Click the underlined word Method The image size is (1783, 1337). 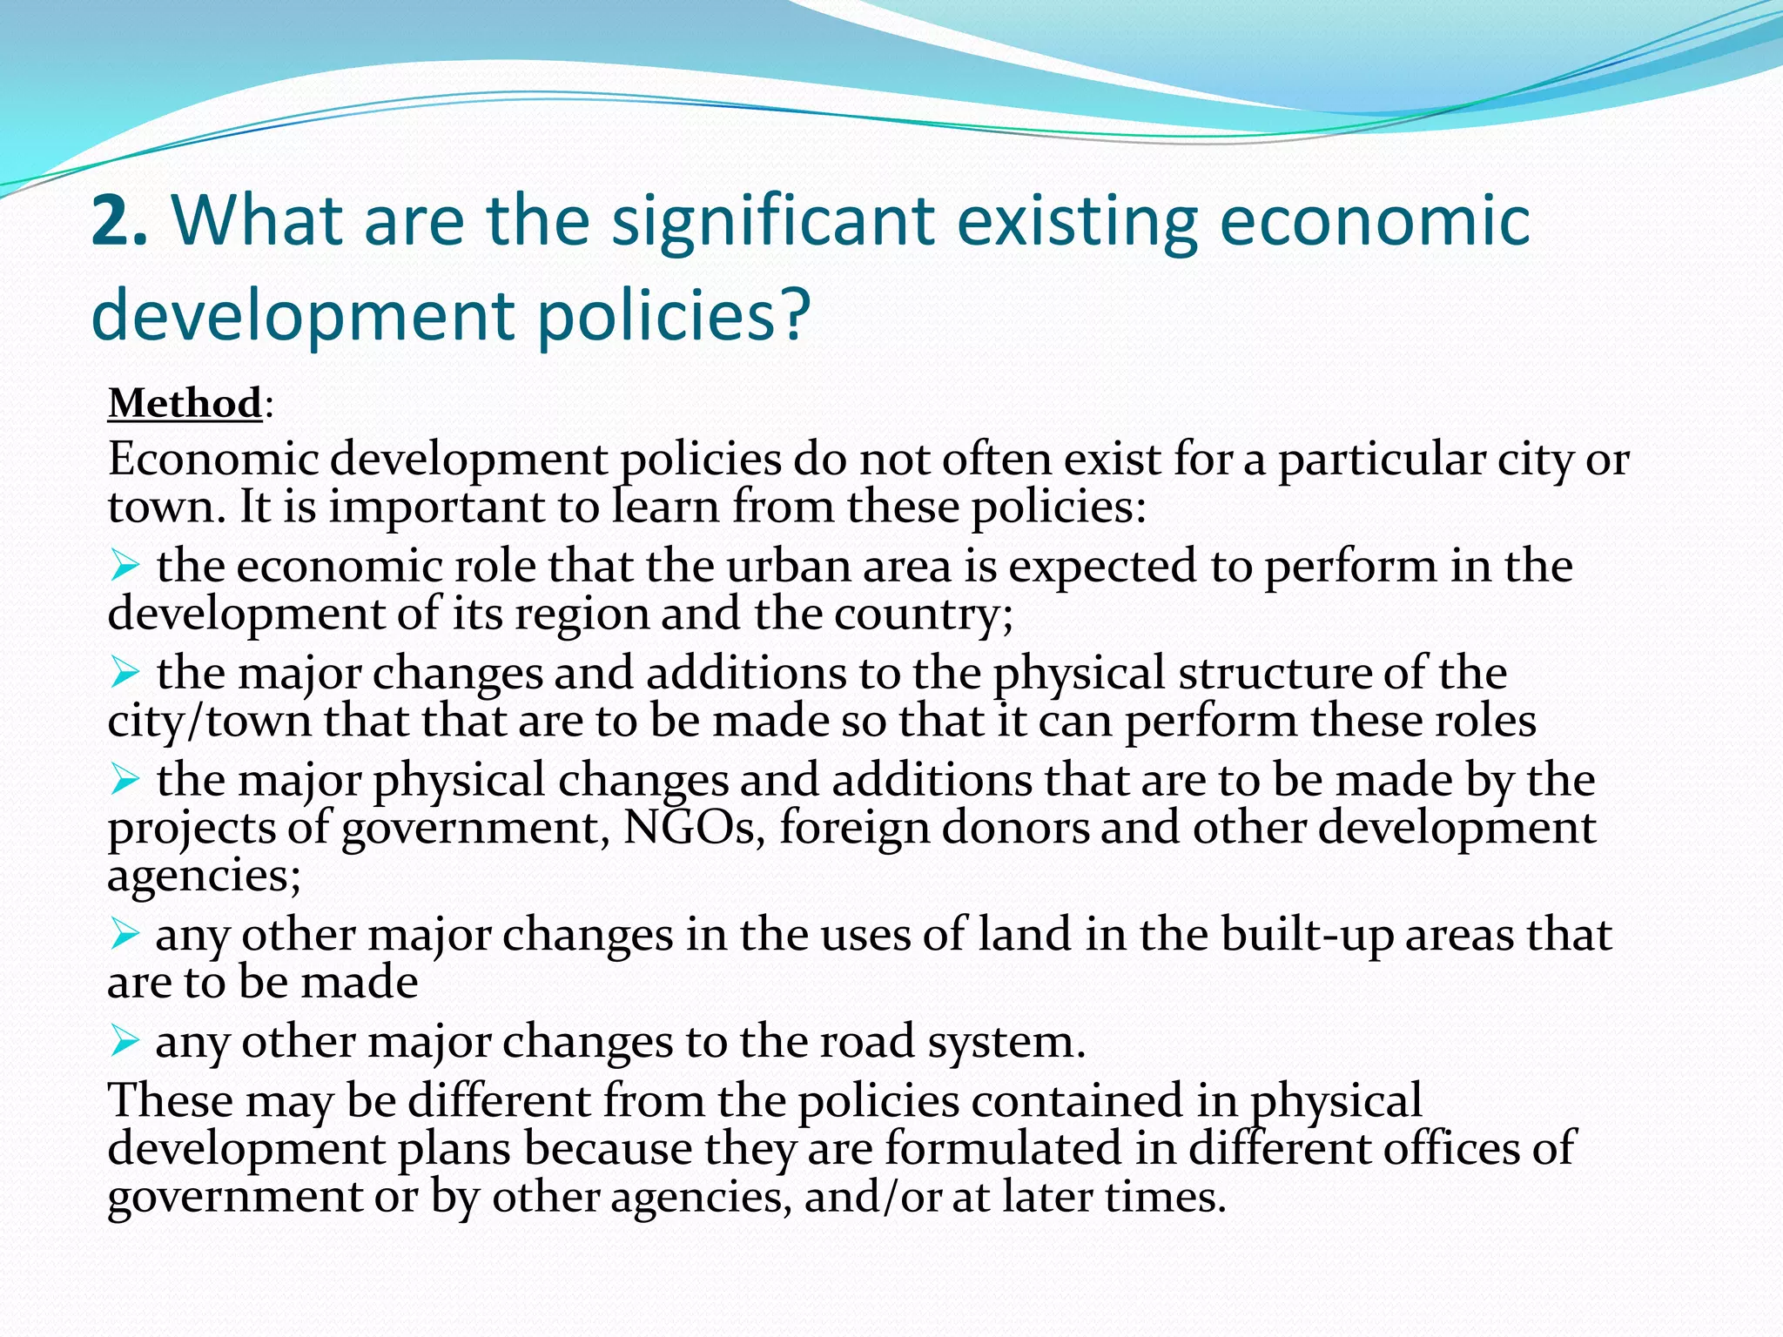185,404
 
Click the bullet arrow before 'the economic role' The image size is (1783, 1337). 124,568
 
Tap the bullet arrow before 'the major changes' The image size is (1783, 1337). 124,673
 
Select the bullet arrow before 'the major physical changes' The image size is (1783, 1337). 124,780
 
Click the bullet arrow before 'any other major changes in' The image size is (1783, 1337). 124,935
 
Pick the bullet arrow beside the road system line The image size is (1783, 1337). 124,1041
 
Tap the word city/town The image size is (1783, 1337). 209,721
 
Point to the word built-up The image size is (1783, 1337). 1307,935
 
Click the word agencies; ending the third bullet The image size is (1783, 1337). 204,876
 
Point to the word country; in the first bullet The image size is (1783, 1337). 924,615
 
